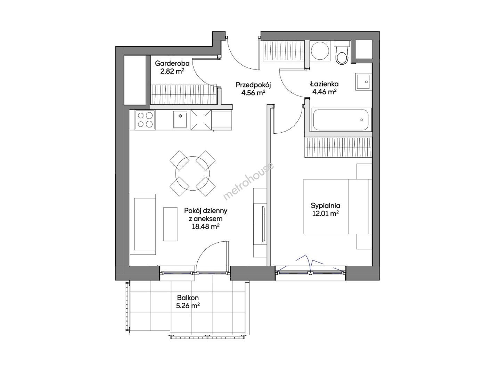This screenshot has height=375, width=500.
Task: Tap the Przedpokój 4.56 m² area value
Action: point(253,93)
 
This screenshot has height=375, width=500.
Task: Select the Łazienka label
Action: point(324,84)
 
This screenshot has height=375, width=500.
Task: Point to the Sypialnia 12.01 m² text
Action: point(325,209)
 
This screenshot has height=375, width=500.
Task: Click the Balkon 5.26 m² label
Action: point(188,301)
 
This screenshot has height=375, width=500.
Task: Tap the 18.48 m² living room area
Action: point(206,226)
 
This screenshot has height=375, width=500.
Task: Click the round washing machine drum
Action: point(320,51)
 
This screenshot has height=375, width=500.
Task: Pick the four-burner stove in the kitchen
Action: point(145,120)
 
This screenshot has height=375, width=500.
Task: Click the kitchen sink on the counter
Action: point(180,119)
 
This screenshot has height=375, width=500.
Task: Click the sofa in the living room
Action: point(143,224)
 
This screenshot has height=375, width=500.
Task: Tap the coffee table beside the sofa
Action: point(170,224)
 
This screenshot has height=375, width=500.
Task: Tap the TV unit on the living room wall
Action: point(260,223)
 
